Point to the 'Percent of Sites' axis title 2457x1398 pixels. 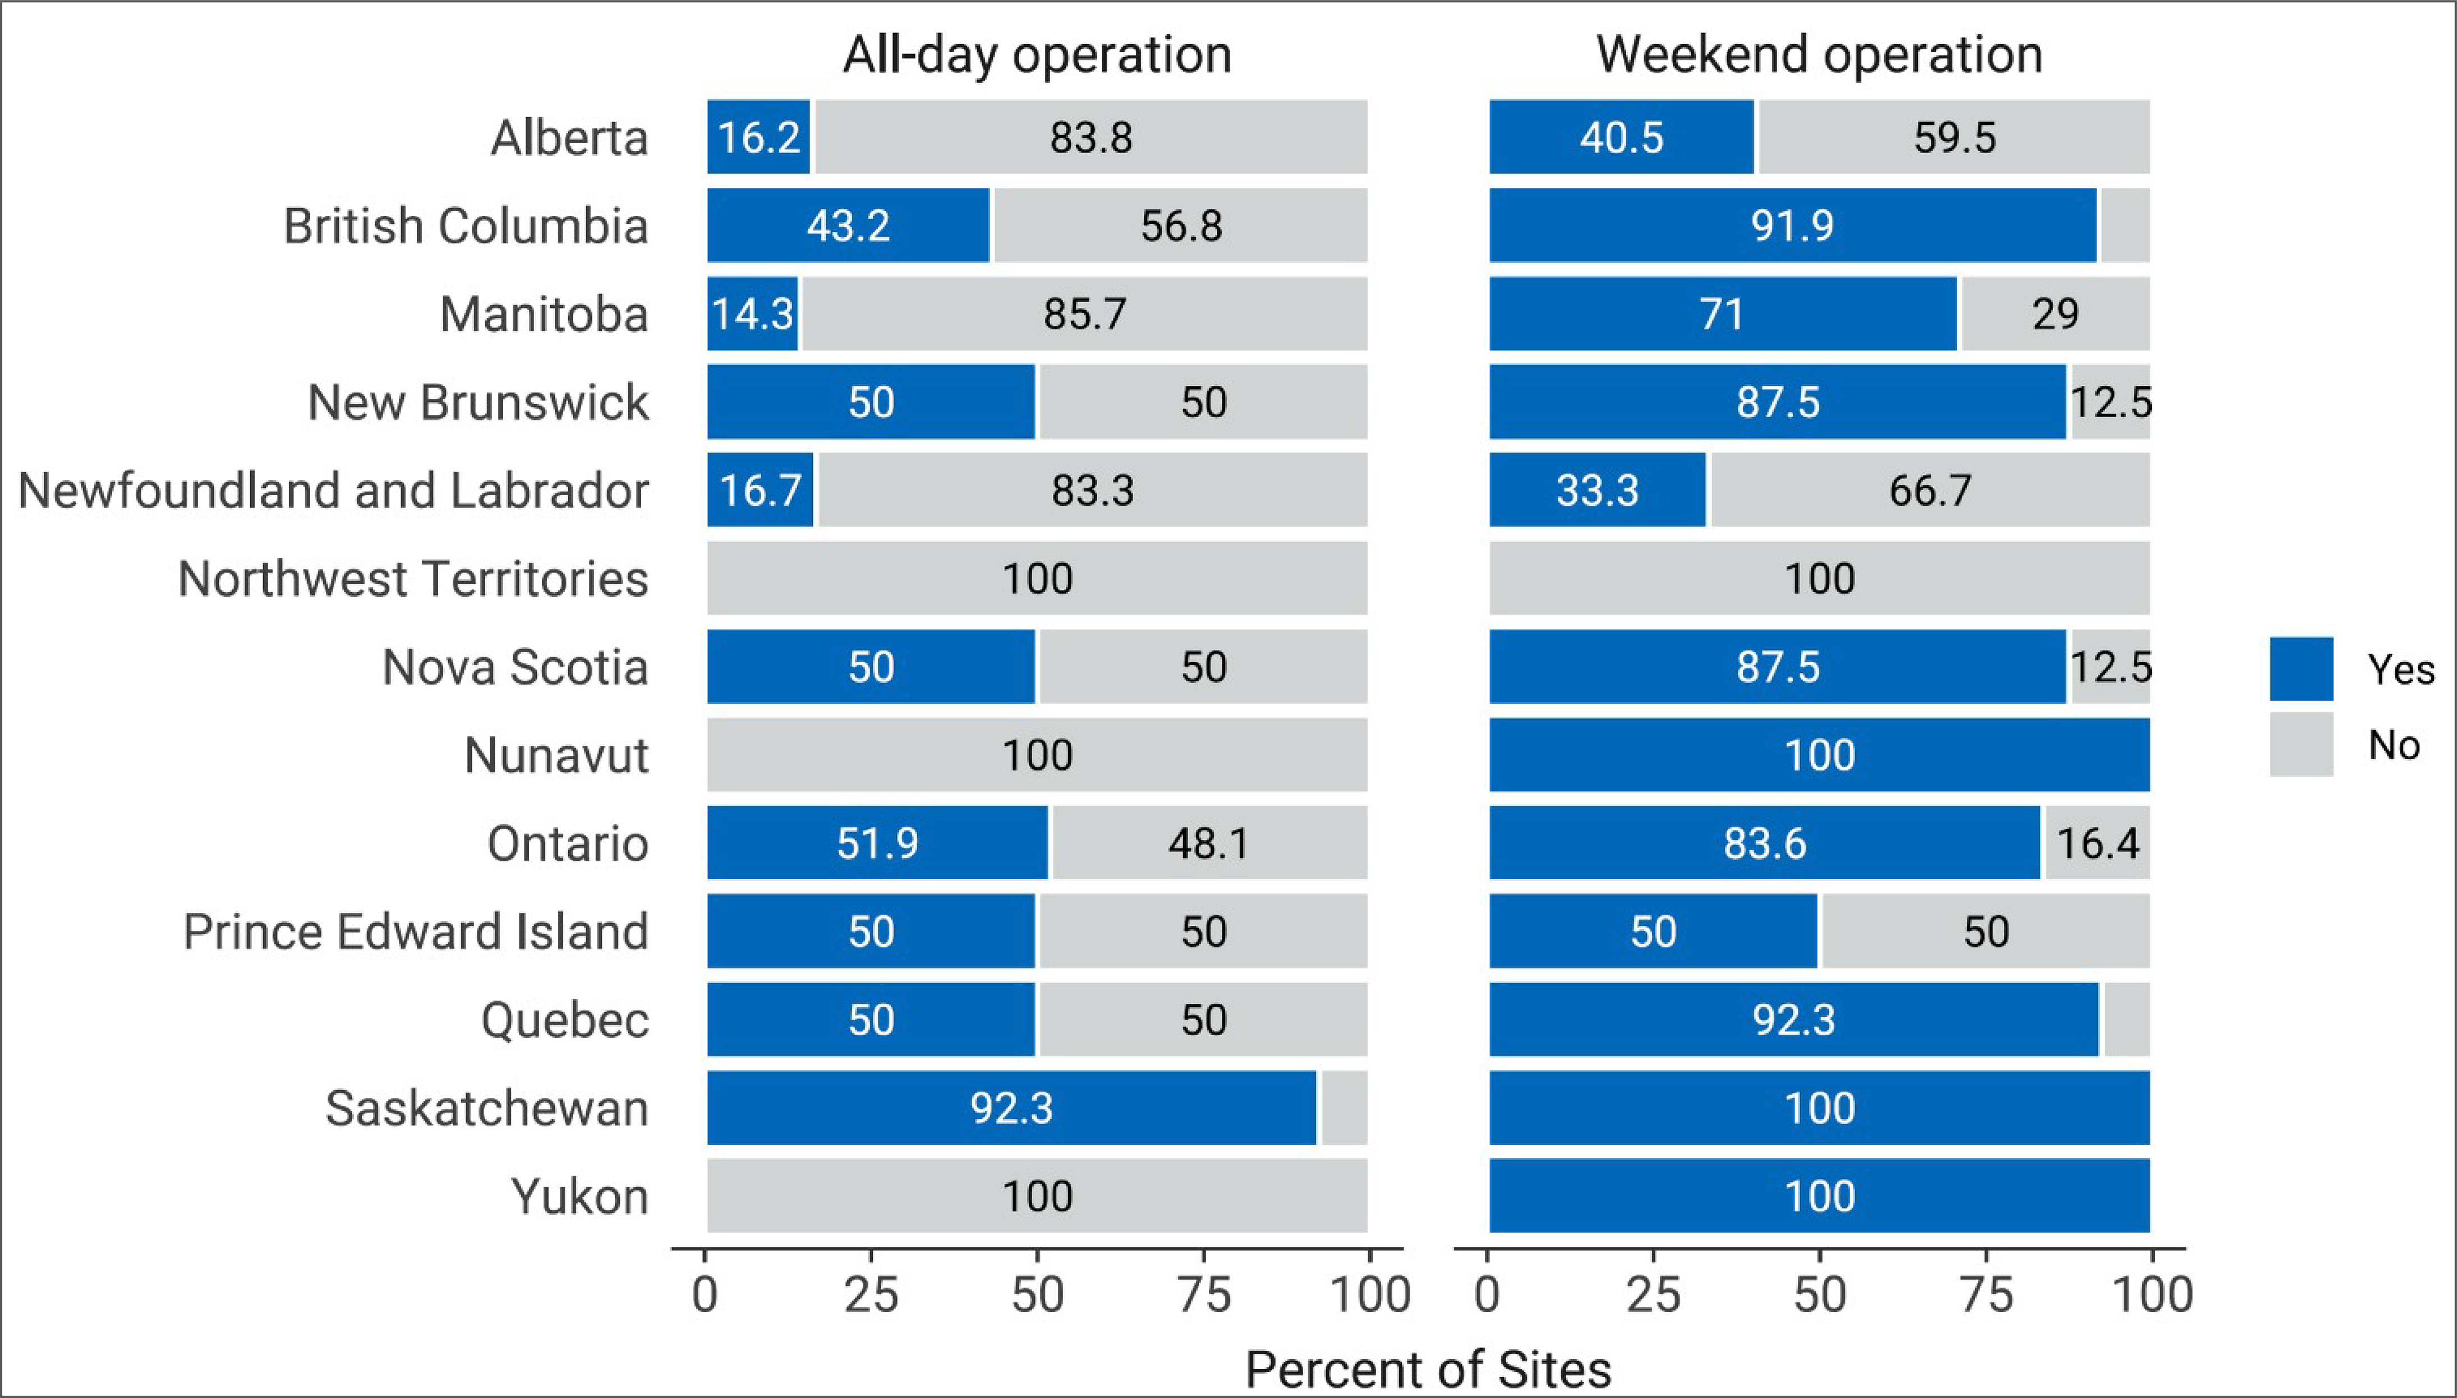[1428, 1368]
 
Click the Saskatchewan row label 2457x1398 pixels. [487, 1108]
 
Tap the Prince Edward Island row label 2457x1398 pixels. [416, 931]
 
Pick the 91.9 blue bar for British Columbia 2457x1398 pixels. [1792, 225]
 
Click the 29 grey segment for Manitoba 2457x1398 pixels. [2055, 314]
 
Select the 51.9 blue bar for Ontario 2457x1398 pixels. [877, 843]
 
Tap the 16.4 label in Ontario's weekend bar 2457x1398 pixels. [2098, 843]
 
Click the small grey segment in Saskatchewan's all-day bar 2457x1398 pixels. [1343, 1108]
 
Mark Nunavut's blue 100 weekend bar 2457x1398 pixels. [1819, 755]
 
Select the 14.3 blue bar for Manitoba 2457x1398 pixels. [753, 314]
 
